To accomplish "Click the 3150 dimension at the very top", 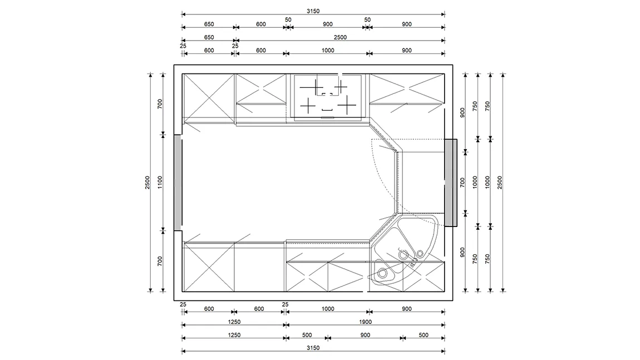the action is [x=313, y=11].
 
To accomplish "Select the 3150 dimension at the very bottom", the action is [x=313, y=348].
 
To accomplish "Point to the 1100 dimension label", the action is [x=160, y=182].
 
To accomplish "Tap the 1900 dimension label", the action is [x=365, y=322].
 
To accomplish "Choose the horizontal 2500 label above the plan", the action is [x=340, y=37].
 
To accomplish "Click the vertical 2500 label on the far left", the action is [x=147, y=182].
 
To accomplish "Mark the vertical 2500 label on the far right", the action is [x=500, y=182].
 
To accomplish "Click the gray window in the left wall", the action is [x=178, y=183].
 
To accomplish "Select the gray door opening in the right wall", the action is [x=450, y=183].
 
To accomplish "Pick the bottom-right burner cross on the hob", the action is [x=347, y=106].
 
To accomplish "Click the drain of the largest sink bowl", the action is [x=403, y=255].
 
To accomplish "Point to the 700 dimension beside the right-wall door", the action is [x=462, y=182].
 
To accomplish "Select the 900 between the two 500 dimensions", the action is [x=365, y=335].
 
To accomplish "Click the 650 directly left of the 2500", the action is [x=209, y=37].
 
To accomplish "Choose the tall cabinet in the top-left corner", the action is [x=209, y=98].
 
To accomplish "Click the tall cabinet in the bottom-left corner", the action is [x=209, y=267].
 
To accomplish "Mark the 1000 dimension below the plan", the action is [x=328, y=309].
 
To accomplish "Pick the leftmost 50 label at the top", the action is [x=288, y=19].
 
